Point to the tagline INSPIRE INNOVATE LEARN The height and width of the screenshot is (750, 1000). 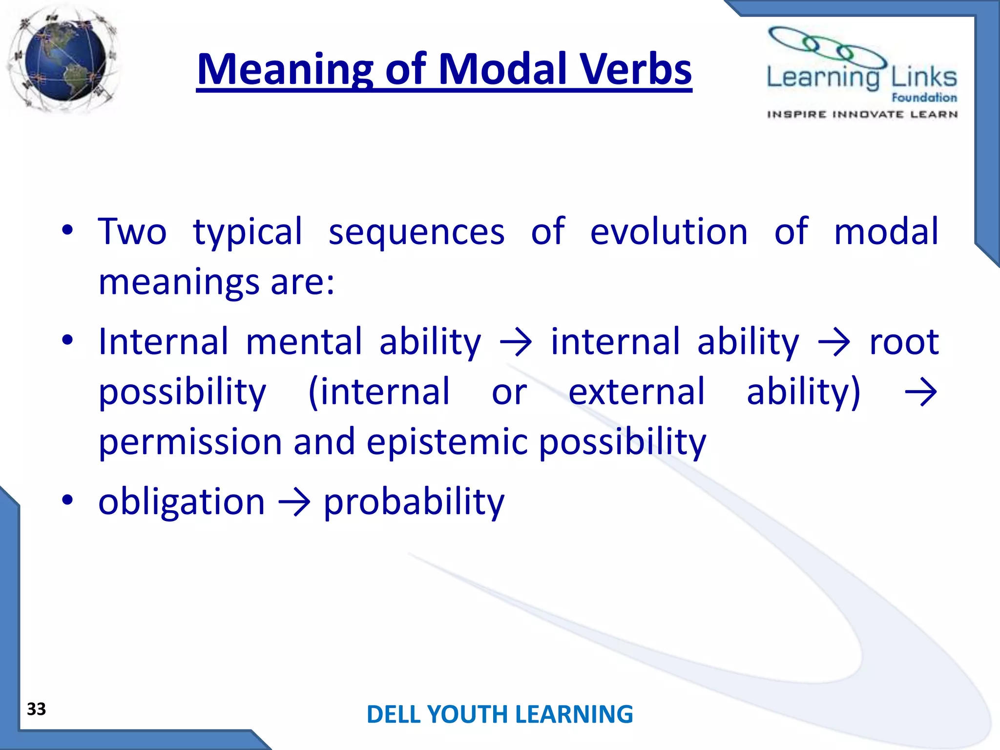(862, 114)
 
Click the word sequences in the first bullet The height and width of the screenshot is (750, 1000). (416, 232)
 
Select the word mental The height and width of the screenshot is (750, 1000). (303, 341)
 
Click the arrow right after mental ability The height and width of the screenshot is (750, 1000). (516, 343)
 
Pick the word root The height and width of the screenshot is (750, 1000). (903, 341)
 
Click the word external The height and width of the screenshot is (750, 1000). (637, 392)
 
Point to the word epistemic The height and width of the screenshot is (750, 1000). (447, 441)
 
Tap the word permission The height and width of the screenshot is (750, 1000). (190, 441)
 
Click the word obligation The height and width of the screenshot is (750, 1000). (181, 502)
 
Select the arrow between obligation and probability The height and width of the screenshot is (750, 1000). (294, 503)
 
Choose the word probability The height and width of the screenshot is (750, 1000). (414, 502)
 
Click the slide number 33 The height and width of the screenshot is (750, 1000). (37, 708)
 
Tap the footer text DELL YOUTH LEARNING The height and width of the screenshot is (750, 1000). (500, 714)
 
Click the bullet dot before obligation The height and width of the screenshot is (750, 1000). (67, 500)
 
